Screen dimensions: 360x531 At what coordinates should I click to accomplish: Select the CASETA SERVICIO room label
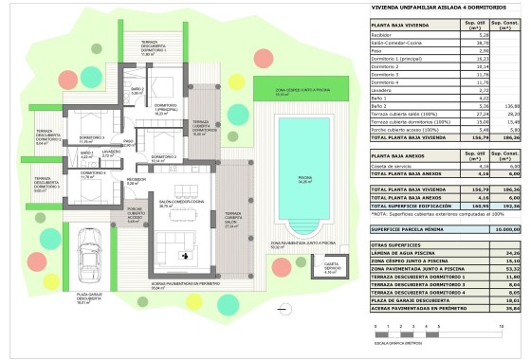click(331, 271)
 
